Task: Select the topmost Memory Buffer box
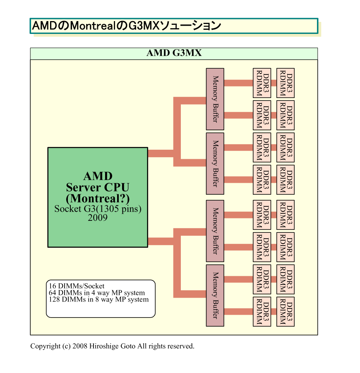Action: click(215, 99)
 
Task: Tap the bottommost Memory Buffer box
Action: click(215, 295)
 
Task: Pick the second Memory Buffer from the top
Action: click(215, 163)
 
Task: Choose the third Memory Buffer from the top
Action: click(215, 231)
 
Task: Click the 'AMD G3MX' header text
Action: click(174, 53)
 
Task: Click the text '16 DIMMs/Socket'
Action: click(77, 286)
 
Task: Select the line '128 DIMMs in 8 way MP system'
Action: click(98, 299)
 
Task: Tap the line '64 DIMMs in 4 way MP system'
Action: click(97, 293)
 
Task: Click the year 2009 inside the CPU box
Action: click(98, 218)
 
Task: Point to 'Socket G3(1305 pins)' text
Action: click(98, 209)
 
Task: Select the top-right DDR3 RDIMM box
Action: click(286, 83)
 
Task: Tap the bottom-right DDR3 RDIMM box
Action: click(286, 312)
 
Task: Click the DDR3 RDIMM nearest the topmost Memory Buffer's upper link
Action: click(262, 83)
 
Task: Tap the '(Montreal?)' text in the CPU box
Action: click(98, 198)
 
